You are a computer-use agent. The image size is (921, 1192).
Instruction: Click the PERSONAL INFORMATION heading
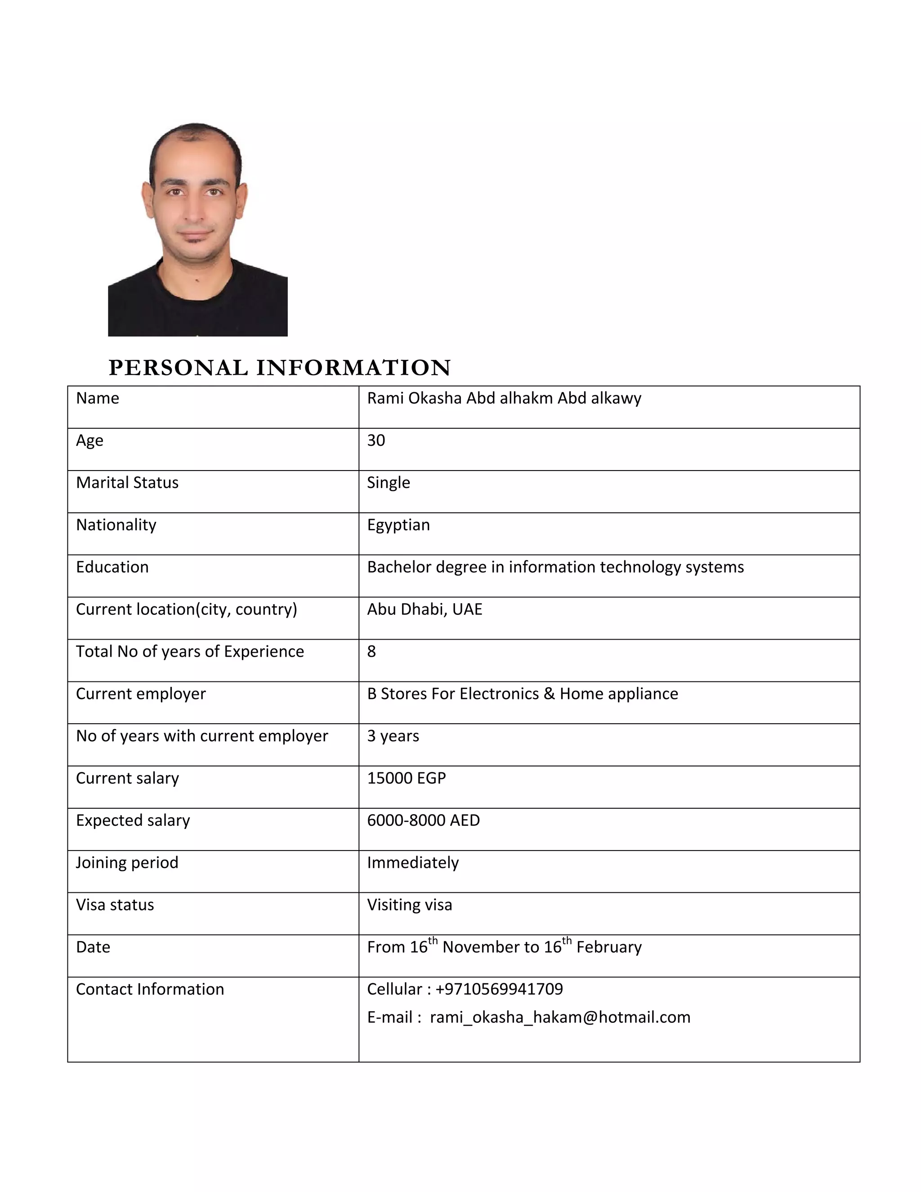(x=279, y=367)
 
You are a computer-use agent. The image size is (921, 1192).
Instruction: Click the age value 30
(x=376, y=440)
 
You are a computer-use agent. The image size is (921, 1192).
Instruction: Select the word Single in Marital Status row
(x=389, y=483)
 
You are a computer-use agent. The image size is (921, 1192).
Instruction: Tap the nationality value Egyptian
(x=398, y=524)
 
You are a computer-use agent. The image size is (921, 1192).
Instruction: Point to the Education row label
(x=112, y=567)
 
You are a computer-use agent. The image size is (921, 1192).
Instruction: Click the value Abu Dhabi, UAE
(x=425, y=609)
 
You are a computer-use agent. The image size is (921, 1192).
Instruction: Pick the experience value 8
(x=371, y=651)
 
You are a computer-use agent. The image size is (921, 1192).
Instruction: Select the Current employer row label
(x=141, y=694)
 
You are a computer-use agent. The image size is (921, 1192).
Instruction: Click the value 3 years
(x=393, y=736)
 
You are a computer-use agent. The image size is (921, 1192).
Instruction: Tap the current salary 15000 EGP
(x=407, y=778)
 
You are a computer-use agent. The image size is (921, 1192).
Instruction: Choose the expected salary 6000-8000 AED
(x=423, y=820)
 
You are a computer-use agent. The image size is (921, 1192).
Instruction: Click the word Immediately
(x=413, y=862)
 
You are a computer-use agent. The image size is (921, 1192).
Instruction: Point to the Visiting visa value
(x=409, y=905)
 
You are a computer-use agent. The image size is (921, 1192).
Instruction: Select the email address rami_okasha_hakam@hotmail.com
(x=560, y=1017)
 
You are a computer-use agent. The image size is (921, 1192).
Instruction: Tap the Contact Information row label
(x=150, y=989)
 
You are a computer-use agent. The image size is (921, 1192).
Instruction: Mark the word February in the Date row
(x=609, y=947)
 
